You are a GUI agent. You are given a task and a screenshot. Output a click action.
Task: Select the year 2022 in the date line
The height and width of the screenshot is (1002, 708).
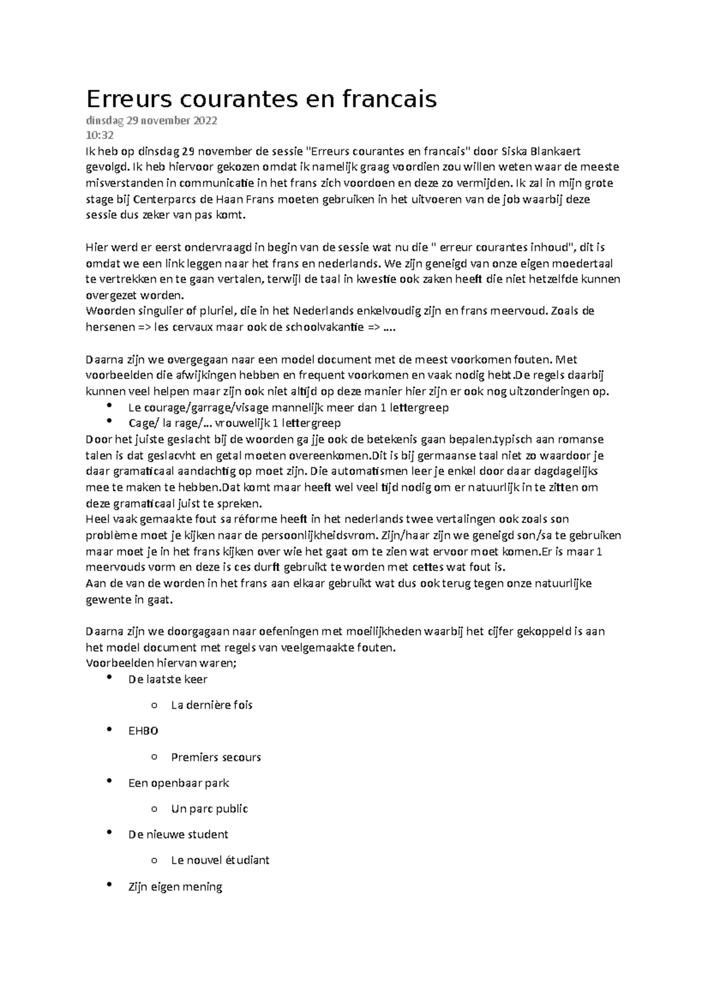pyautogui.click(x=204, y=121)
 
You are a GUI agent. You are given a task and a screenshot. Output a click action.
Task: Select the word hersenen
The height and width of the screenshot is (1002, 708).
pyautogui.click(x=108, y=327)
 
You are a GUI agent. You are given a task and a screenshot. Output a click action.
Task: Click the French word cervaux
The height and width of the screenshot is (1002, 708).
pyautogui.click(x=192, y=327)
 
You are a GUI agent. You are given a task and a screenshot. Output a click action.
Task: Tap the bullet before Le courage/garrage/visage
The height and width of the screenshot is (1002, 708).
pyautogui.click(x=110, y=405)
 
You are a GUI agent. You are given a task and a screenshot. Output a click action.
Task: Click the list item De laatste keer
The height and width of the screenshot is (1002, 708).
pyautogui.click(x=168, y=679)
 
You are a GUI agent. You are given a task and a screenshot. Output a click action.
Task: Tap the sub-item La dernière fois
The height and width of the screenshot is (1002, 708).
pyautogui.click(x=211, y=705)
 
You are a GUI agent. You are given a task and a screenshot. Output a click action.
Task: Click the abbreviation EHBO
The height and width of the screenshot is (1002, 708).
pyautogui.click(x=143, y=731)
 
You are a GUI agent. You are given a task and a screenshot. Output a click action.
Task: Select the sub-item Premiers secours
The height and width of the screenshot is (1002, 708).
pyautogui.click(x=215, y=757)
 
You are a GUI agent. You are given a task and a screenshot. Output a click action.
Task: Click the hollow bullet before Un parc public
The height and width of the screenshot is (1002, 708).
pyautogui.click(x=154, y=809)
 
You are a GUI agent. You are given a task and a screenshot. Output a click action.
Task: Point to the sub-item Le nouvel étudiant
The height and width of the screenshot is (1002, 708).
pyautogui.click(x=219, y=860)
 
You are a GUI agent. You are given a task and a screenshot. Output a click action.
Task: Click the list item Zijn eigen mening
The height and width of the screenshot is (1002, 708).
pyautogui.click(x=175, y=886)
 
